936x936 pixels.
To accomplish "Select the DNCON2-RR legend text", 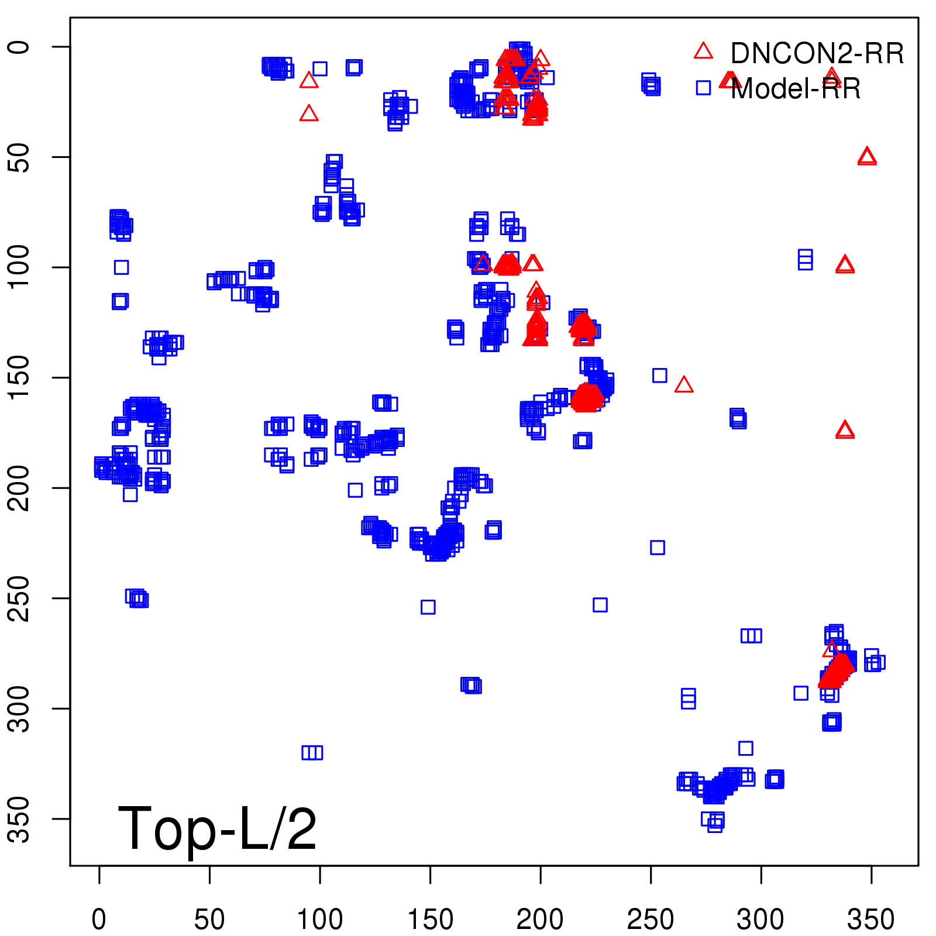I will tap(817, 53).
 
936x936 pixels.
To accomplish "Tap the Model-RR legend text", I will tap(796, 89).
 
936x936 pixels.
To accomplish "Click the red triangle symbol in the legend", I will tap(703, 51).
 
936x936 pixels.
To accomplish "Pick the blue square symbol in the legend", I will tap(703, 88).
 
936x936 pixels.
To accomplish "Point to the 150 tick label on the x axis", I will tap(430, 920).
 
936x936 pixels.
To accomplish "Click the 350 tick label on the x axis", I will tap(870, 920).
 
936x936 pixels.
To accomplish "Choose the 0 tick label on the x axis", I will tap(99, 920).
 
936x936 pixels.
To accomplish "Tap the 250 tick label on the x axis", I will tap(651, 920).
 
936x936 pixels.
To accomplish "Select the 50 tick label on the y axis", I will tap(20, 157).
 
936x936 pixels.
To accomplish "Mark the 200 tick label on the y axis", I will tap(20, 488).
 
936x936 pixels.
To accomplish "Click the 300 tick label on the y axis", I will tap(20, 708).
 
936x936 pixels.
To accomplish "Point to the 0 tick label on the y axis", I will tap(20, 47).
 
